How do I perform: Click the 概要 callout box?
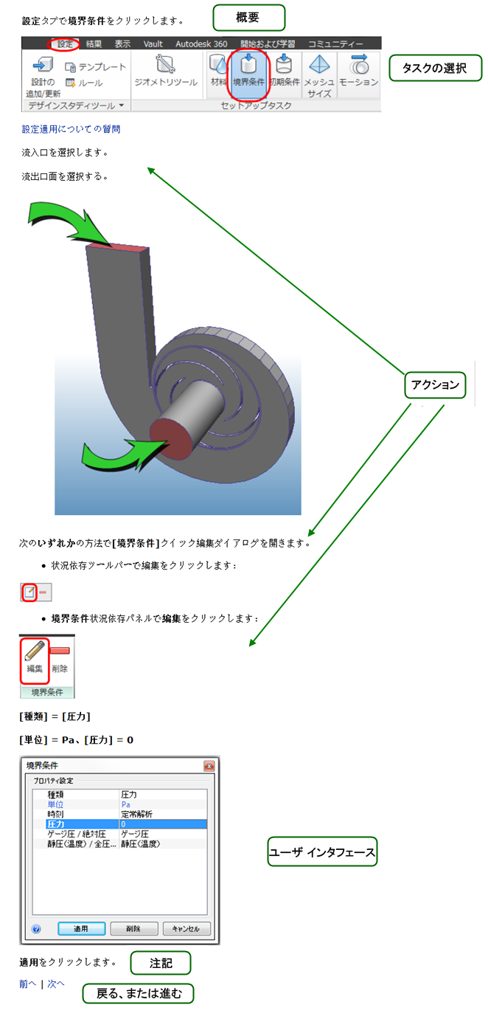click(x=238, y=16)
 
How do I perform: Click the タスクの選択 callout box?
click(x=435, y=68)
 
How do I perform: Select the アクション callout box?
click(x=435, y=385)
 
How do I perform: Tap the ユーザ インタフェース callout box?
click(x=322, y=851)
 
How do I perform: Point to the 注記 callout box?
click(x=161, y=963)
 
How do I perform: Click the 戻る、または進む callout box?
click(x=138, y=993)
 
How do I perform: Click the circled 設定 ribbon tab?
click(x=65, y=44)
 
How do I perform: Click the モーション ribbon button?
click(x=359, y=72)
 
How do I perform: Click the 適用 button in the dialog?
click(x=81, y=928)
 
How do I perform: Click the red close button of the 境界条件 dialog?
click(x=209, y=766)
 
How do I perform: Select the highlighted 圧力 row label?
click(x=56, y=823)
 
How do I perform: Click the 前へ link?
click(x=27, y=984)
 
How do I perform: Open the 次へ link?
click(x=56, y=984)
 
